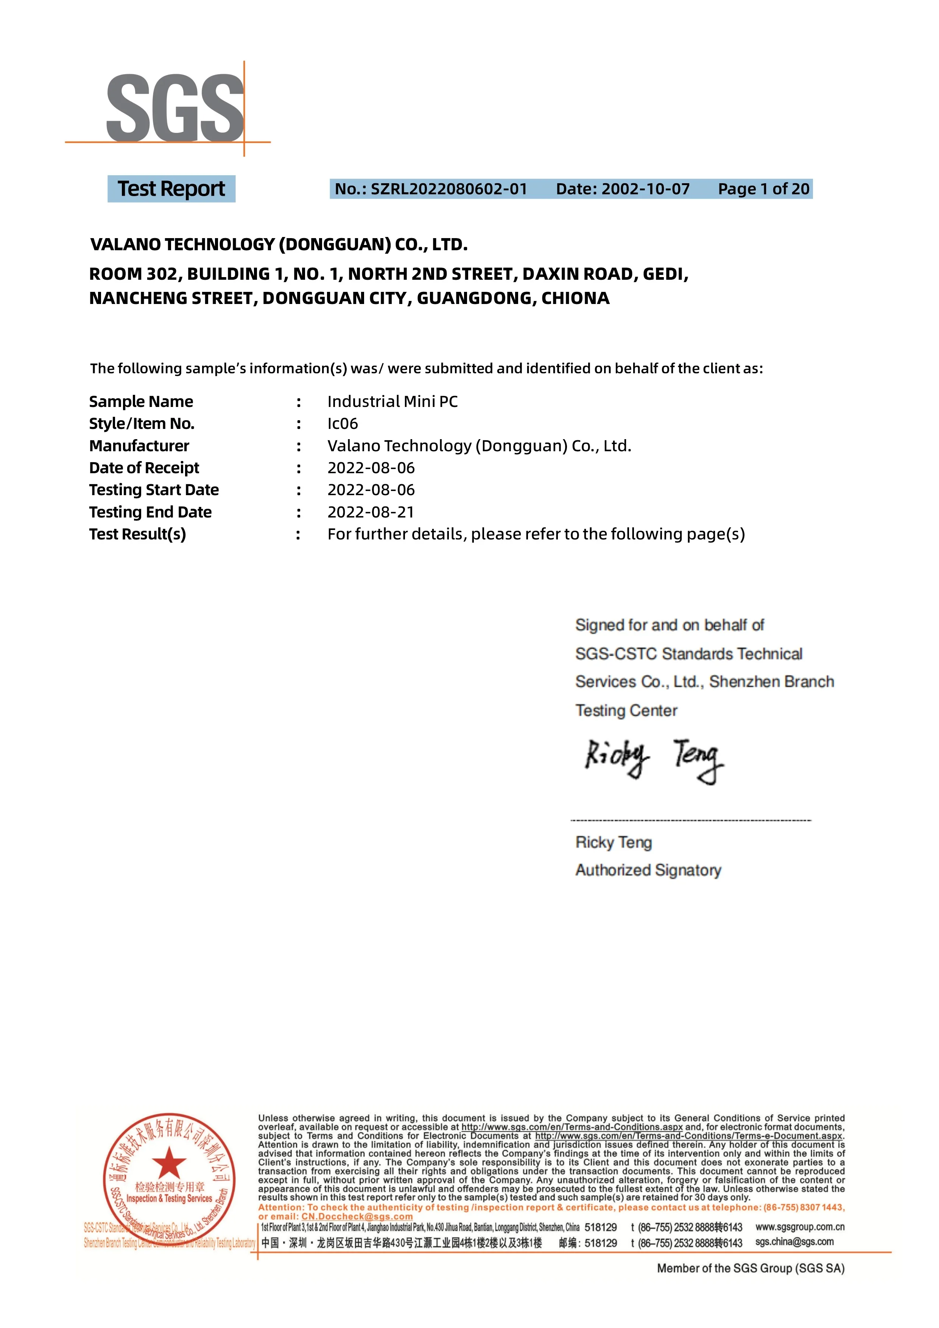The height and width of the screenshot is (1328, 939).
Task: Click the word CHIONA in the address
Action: [575, 298]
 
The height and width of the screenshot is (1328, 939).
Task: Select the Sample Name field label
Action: [141, 401]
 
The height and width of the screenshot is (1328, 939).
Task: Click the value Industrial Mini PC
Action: [392, 401]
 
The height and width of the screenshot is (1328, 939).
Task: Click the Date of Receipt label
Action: [144, 468]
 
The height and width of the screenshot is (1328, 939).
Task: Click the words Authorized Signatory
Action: [648, 870]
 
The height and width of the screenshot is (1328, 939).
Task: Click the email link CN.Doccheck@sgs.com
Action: [357, 1216]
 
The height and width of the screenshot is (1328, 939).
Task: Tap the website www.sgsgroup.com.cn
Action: [800, 1227]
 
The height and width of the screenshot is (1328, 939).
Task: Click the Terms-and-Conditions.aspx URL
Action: [572, 1127]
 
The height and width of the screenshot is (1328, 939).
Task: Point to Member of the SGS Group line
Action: [751, 1269]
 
